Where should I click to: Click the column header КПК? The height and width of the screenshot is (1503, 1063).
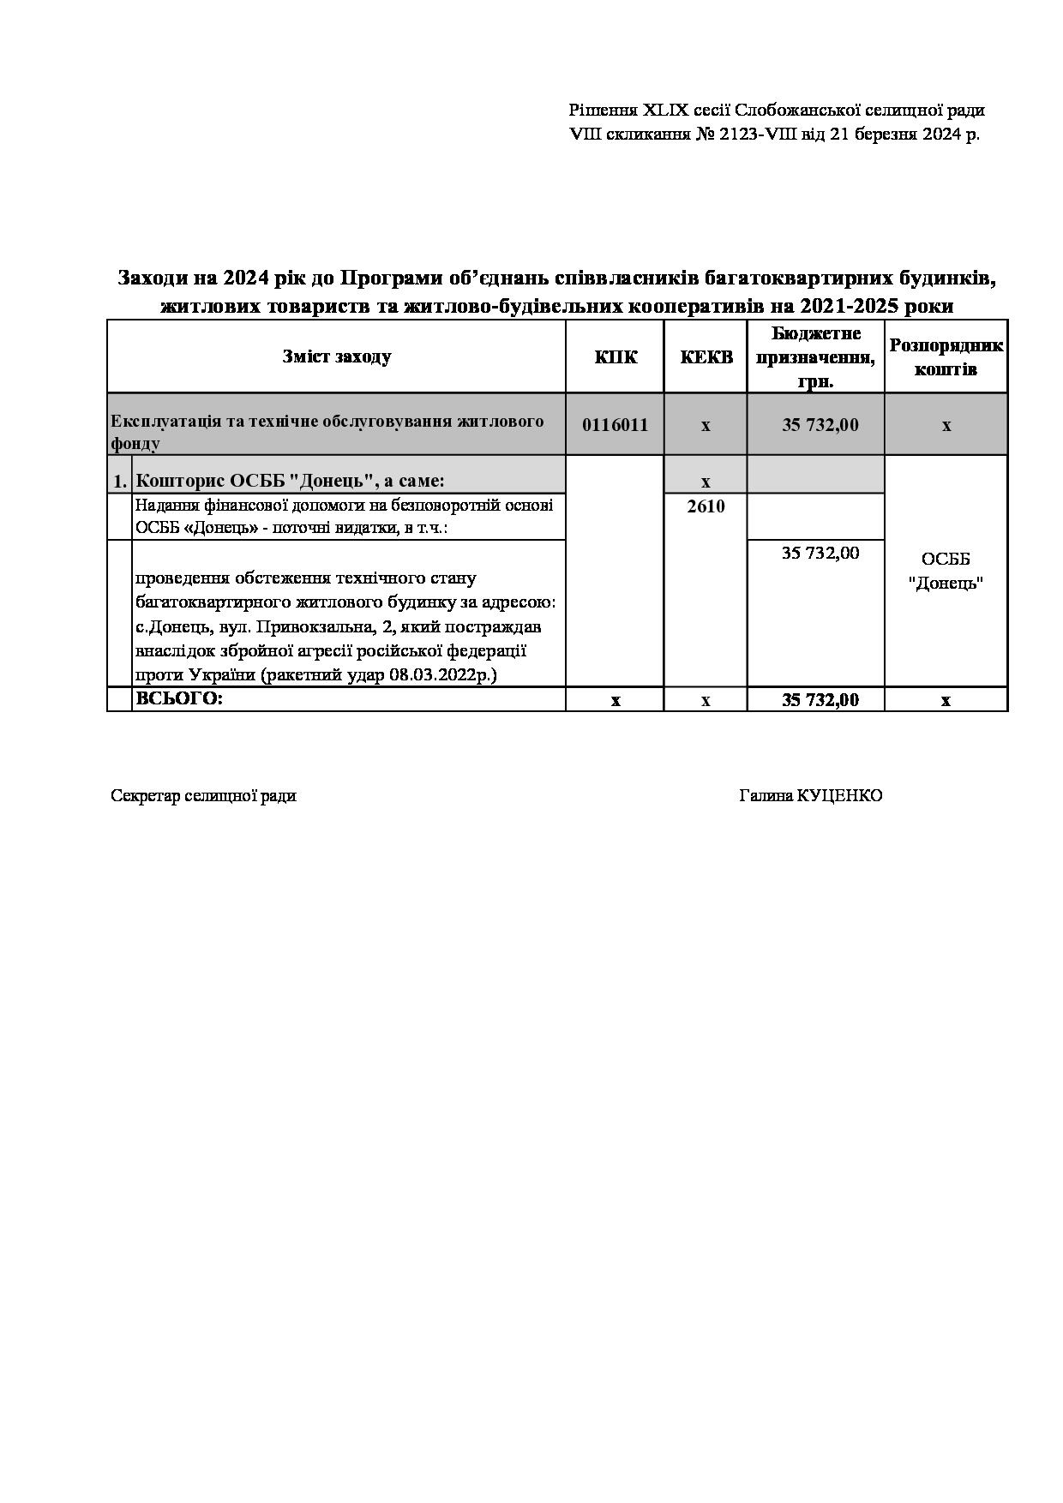tap(616, 356)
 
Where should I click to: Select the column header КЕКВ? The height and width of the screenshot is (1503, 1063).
tap(706, 356)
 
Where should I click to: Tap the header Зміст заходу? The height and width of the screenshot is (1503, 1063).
tap(336, 356)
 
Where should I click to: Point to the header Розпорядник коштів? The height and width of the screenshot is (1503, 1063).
tap(946, 356)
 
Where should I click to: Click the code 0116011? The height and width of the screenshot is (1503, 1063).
tap(615, 425)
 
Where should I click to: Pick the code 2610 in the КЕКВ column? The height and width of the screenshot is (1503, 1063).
tap(706, 506)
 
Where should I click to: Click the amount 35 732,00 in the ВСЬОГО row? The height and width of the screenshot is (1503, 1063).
tap(820, 700)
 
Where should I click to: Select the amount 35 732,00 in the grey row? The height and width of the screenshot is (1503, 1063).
tap(820, 425)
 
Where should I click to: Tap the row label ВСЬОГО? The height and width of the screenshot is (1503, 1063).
tap(179, 698)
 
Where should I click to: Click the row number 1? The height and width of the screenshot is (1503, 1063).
tap(120, 482)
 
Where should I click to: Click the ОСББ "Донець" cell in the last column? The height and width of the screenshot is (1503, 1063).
tap(946, 571)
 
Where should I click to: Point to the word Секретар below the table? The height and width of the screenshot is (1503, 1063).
tap(145, 795)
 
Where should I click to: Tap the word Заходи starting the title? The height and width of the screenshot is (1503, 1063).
tap(151, 278)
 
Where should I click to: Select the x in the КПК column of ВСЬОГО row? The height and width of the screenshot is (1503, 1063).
tap(615, 700)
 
